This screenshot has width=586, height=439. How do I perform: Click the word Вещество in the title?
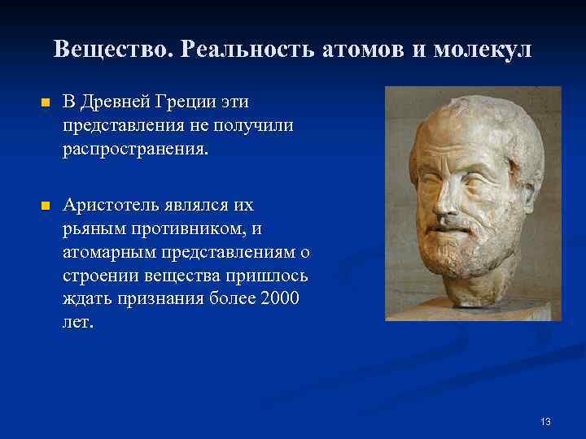coord(114,50)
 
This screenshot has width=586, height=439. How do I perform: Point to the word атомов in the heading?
coord(365,50)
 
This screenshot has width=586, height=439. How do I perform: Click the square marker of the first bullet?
coord(45,103)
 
